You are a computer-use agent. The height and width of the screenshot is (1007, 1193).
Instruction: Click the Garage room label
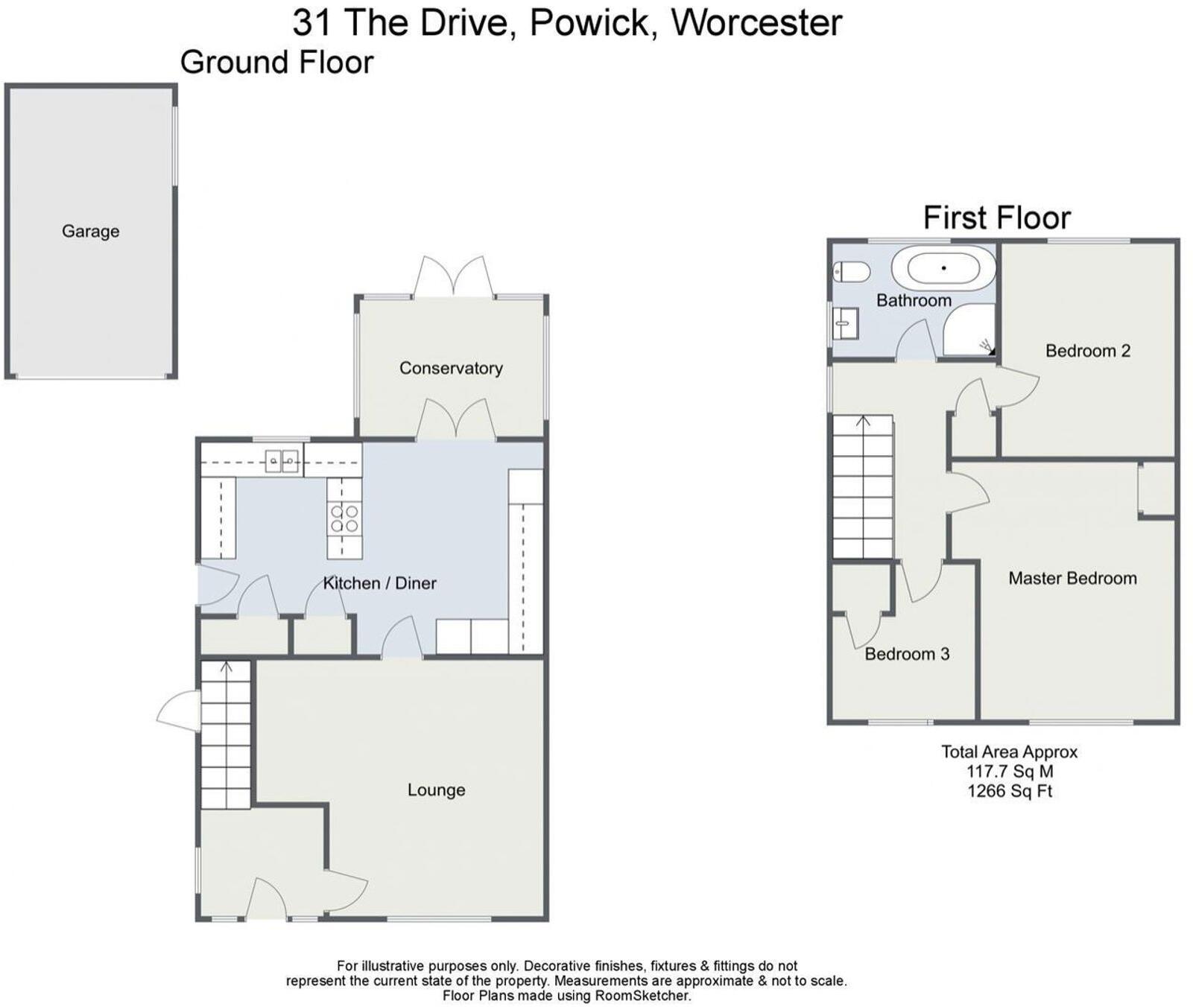pos(90,232)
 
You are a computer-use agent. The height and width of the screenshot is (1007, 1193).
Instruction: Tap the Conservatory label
pos(451,368)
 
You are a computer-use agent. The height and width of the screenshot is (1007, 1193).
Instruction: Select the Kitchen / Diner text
pos(379,583)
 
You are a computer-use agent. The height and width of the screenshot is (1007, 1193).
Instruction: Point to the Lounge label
pos(436,790)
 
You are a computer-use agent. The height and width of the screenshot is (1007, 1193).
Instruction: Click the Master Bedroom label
pos(1072,579)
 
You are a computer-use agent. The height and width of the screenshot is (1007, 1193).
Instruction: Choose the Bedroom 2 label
pos(1088,351)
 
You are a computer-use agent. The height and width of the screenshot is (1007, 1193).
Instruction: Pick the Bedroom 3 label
pos(907,654)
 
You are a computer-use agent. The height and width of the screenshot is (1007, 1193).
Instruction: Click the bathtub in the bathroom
pos(944,268)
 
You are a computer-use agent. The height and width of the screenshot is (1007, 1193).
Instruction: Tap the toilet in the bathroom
pos(851,272)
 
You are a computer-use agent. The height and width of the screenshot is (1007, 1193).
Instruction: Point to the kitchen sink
pos(283,462)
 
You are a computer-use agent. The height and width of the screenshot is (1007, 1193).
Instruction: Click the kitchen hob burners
pos(344,518)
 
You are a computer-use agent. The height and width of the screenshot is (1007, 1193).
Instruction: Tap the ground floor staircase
pos(226,735)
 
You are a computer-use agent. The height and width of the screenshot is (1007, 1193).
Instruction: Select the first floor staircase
pos(863,487)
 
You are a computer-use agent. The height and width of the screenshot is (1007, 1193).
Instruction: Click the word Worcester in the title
pos(756,22)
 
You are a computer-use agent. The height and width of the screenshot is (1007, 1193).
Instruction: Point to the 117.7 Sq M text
pos(1010,772)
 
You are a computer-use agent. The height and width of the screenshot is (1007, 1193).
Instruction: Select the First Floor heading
pos(997,218)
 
